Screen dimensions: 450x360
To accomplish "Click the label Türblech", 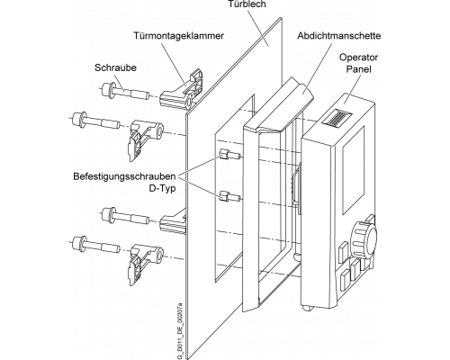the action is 247,4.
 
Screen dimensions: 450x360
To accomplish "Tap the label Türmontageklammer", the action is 179,36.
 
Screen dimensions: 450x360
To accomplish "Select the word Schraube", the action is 115,67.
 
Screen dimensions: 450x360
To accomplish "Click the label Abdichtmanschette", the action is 339,36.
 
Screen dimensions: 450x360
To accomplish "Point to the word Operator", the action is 359,58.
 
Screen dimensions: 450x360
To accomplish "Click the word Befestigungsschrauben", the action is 124,176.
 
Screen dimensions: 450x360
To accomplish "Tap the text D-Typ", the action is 162,189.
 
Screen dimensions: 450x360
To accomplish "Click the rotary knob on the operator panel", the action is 364,237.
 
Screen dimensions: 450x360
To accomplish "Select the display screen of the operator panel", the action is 354,170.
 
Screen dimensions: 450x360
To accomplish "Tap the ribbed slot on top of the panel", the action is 337,118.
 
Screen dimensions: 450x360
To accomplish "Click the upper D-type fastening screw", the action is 229,155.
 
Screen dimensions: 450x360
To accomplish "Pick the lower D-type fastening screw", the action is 230,196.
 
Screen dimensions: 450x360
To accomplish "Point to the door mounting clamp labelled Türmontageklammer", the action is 183,90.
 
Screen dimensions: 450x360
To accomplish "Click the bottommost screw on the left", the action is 96,244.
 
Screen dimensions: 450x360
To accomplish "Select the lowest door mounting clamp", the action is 146,263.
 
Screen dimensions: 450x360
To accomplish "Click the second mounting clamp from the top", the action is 146,139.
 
